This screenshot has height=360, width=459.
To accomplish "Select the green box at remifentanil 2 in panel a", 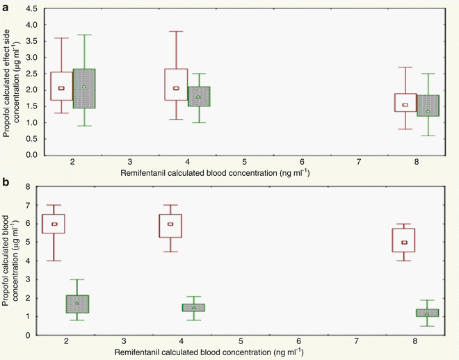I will [83, 88].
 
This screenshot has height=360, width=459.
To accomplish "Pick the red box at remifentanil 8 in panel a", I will [405, 102].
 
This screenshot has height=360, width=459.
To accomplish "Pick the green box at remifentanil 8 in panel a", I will [428, 105].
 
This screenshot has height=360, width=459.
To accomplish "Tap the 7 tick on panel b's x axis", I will [355, 342].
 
